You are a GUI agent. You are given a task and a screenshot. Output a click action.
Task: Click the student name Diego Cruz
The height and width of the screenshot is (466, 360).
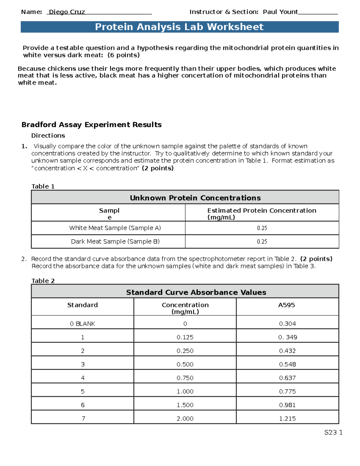click(67, 12)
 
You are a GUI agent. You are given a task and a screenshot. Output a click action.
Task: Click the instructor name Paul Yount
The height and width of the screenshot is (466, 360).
click(280, 12)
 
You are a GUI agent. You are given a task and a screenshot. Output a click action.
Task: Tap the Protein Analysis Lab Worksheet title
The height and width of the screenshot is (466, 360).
click(179, 27)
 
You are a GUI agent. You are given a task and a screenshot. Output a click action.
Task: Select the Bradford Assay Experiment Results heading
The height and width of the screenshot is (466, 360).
click(91, 125)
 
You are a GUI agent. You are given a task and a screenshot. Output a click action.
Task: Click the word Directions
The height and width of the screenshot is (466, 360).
click(48, 136)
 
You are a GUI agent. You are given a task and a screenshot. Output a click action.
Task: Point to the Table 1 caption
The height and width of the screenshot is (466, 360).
click(43, 186)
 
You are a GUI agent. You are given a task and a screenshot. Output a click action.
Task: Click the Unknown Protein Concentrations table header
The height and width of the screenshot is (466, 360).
click(195, 198)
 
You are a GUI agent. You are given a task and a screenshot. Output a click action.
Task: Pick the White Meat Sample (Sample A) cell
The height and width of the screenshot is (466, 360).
click(115, 228)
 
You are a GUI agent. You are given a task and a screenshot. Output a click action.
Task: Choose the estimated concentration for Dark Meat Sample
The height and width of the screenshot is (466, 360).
click(262, 242)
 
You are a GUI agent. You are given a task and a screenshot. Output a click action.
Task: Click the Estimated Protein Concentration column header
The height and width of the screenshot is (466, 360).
click(262, 214)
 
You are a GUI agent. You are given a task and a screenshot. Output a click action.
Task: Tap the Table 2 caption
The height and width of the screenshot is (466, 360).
click(43, 281)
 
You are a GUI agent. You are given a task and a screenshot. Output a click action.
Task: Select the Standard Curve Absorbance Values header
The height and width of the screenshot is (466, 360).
click(196, 293)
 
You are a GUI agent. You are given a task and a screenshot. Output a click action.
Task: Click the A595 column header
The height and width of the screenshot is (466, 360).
click(286, 305)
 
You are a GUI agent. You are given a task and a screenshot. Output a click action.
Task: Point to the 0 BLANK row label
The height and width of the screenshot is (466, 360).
click(82, 324)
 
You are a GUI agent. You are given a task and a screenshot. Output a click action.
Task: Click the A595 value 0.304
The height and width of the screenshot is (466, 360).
click(287, 324)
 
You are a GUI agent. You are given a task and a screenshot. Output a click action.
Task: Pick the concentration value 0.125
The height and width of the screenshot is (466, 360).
click(185, 337)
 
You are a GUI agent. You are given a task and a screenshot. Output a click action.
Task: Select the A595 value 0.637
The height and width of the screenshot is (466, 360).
click(287, 378)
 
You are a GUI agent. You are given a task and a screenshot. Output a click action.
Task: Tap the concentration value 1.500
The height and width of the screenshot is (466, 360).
click(185, 405)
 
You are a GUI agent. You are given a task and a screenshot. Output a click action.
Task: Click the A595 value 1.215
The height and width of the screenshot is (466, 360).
click(287, 419)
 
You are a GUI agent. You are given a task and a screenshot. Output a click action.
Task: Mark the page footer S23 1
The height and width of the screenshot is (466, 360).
click(333, 432)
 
